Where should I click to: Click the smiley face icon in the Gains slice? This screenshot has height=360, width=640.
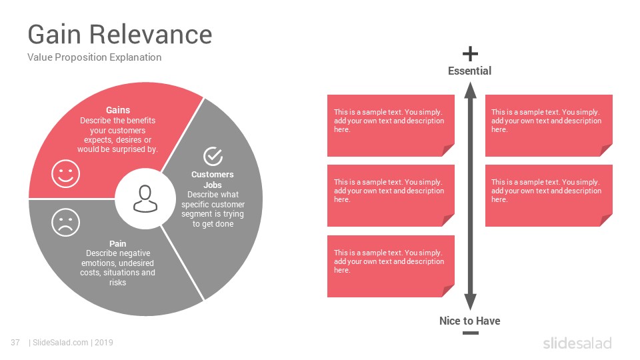coord(65,174)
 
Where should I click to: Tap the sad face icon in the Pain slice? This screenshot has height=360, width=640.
coord(65,223)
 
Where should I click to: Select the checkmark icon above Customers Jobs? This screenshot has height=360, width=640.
coord(213,156)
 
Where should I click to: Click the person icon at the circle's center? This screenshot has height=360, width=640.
coord(145,199)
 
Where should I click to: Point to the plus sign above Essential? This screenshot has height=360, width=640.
coord(470,54)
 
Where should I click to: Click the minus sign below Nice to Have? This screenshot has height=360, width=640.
coord(470,333)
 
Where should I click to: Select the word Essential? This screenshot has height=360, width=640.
coord(469,71)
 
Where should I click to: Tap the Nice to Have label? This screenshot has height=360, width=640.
coord(470,321)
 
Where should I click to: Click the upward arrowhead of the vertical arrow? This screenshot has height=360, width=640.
coord(470,90)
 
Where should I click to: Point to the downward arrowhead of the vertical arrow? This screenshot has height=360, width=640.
coord(470,303)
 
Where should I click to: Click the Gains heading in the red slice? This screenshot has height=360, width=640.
coord(118,110)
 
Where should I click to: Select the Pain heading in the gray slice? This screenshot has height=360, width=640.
coord(117,244)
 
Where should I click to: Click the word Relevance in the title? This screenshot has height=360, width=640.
coord(151,34)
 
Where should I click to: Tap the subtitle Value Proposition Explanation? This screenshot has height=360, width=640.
coord(94,57)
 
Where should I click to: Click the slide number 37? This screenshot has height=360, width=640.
coord(15,343)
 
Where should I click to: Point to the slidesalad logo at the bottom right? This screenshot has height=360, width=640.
coord(577,343)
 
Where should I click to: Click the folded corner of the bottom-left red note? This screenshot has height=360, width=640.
coord(448,291)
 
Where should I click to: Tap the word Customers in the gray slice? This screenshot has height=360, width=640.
coord(213,174)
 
